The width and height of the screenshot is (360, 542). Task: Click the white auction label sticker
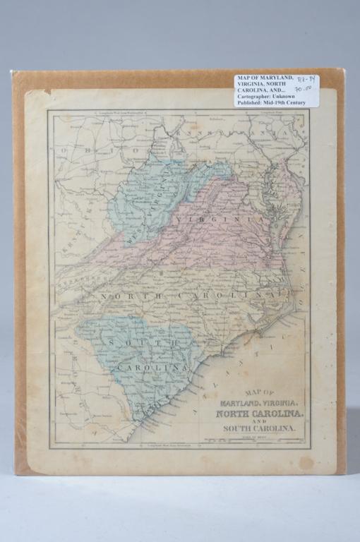pyautogui.click(x=276, y=90)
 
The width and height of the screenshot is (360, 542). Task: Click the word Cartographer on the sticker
pyautogui.click(x=256, y=96)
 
